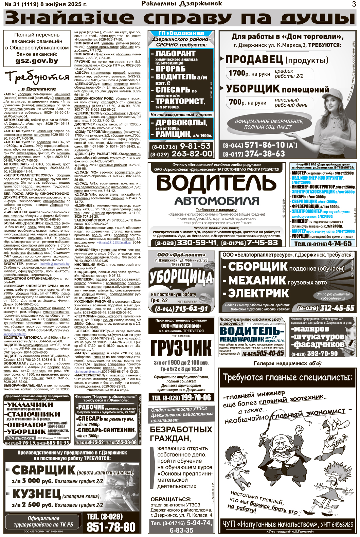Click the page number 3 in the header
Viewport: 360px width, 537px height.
point(354,4)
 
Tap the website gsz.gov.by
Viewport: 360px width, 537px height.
point(37,61)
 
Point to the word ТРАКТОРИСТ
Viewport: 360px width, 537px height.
point(180,101)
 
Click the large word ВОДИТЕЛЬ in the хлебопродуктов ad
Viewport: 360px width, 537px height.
point(216,183)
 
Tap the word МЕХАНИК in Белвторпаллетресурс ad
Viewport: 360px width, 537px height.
point(257,281)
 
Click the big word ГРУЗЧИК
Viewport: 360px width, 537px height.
point(181,348)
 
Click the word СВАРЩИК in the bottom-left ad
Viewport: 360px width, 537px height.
point(43,470)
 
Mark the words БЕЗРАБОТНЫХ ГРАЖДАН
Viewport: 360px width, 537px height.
point(181,434)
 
